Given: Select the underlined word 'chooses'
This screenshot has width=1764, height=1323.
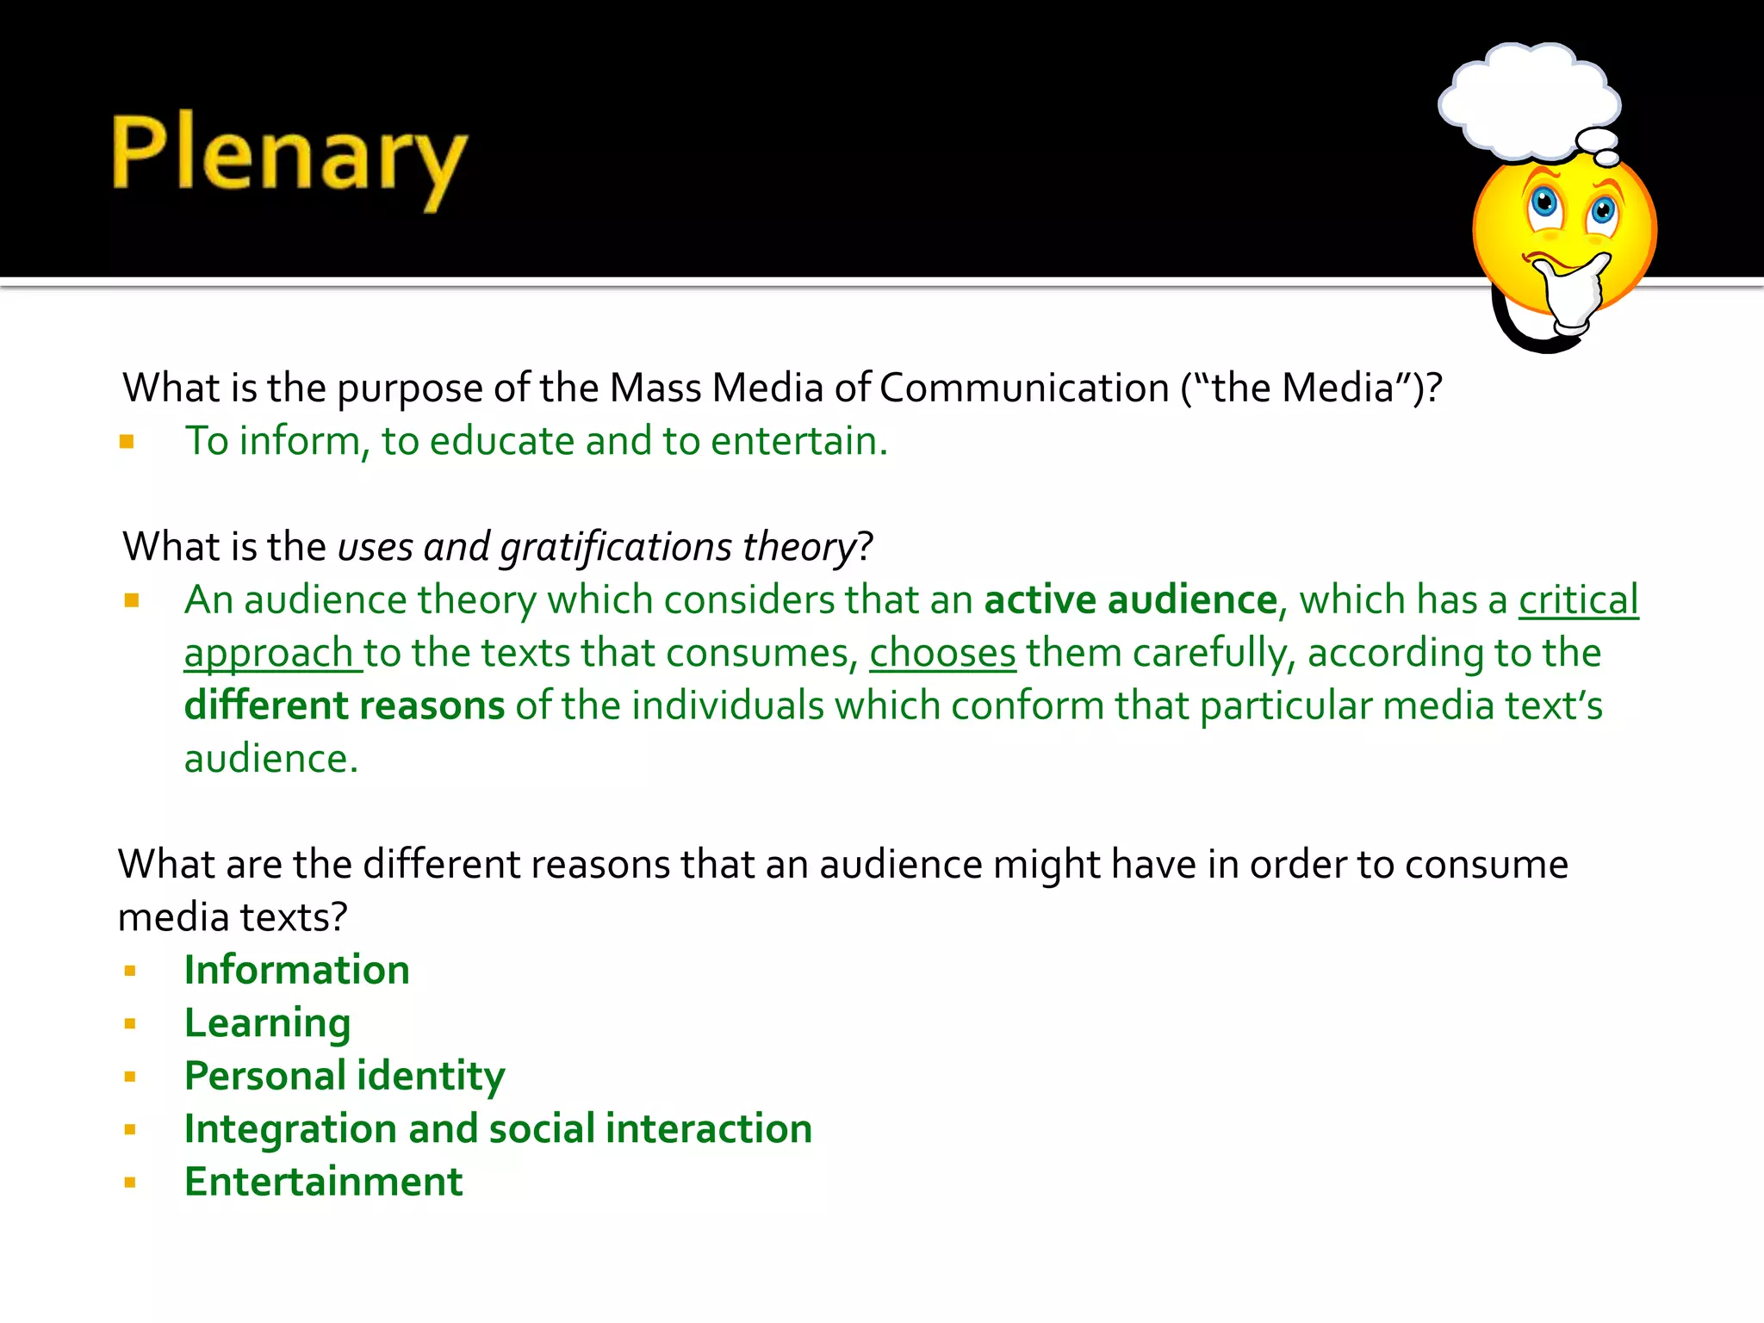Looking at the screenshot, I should (942, 653).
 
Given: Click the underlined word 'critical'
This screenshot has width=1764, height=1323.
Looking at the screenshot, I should (1578, 599).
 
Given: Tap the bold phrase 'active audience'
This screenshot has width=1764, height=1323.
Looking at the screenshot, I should (1130, 599).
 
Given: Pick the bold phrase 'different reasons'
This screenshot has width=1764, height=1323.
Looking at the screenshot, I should (345, 705).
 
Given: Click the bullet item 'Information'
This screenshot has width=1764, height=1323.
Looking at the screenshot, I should (296, 970).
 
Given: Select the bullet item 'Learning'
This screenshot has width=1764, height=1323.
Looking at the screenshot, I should (267, 1023).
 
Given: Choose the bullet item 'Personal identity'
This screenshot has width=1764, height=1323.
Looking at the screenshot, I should (345, 1076).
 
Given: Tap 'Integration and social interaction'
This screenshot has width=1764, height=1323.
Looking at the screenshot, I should (498, 1129).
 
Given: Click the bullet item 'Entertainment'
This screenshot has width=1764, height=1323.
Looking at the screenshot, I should (323, 1182).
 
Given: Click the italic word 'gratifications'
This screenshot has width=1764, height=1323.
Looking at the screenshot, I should (615, 548).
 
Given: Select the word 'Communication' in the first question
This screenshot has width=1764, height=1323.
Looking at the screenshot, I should (1023, 388).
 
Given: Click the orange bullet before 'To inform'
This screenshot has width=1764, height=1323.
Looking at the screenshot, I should (127, 443).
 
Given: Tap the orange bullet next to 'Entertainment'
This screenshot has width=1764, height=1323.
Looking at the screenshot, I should (130, 1183).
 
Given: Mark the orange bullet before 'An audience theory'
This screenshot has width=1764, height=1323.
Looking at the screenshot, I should (131, 600).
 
